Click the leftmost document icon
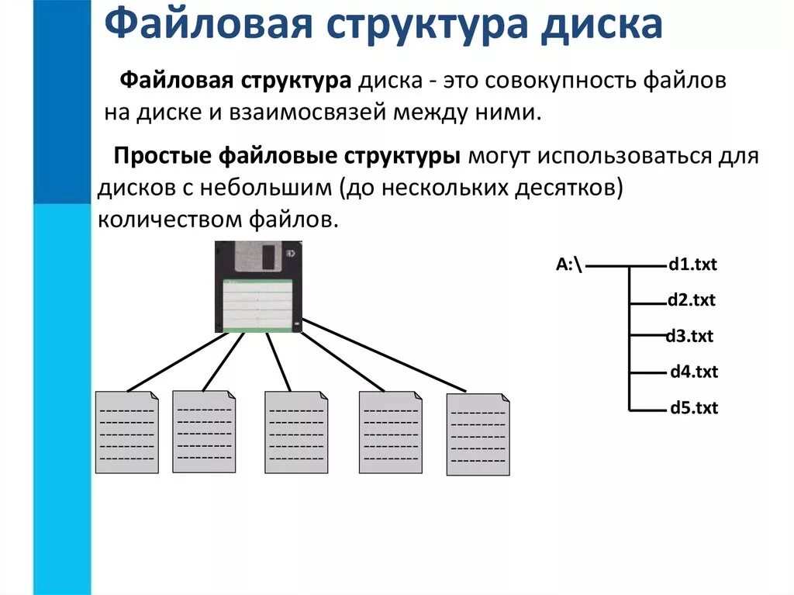(126, 432)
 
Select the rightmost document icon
(478, 434)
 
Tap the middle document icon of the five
(296, 431)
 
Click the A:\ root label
(569, 265)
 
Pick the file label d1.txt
(692, 265)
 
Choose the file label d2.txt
(691, 300)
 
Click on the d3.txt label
(689, 336)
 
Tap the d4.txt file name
(694, 372)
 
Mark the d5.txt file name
(694, 407)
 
